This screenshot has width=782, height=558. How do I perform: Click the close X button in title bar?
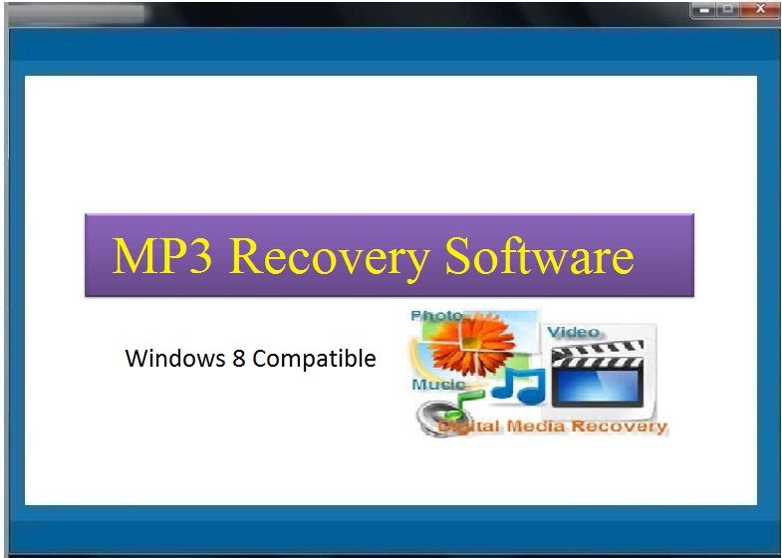pos(760,9)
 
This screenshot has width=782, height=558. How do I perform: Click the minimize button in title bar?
pos(704,10)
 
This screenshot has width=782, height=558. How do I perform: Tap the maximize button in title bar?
pos(728,10)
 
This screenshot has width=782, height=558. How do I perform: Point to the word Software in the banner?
pos(540,255)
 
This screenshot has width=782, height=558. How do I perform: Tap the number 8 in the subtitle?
pos(238,358)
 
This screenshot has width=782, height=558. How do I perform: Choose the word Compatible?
pos(314,359)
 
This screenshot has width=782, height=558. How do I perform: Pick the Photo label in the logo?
pos(436,316)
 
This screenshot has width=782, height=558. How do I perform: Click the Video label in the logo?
pos(574,332)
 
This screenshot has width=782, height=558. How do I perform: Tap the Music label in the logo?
pos(438,385)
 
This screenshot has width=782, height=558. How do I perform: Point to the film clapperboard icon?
pos(598,373)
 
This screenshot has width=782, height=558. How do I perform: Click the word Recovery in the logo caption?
pos(619,426)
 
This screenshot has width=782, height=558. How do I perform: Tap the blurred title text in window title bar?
pos(78,14)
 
